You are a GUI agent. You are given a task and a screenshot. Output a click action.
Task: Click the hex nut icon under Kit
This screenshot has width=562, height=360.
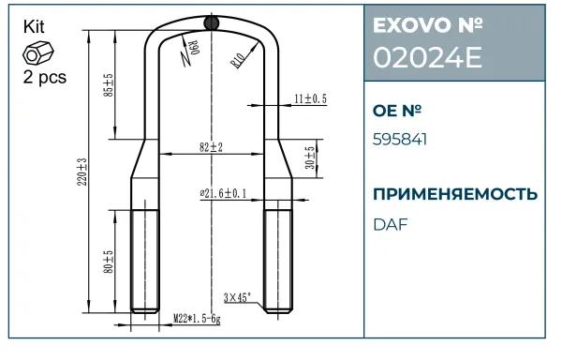[38, 52]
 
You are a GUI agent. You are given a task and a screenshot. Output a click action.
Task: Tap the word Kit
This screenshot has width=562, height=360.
[34, 27]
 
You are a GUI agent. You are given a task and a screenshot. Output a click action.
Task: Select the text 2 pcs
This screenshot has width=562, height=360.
[45, 77]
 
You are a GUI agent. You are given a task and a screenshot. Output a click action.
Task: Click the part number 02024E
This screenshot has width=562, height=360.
[427, 58]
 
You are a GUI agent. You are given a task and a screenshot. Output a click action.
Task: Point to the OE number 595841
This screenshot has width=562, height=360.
[400, 140]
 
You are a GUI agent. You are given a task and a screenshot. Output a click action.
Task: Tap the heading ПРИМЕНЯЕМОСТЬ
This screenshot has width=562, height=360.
[455, 194]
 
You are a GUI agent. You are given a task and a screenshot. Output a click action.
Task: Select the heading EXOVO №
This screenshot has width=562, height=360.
[428, 25]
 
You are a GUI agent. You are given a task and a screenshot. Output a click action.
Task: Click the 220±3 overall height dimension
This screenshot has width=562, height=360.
[82, 172]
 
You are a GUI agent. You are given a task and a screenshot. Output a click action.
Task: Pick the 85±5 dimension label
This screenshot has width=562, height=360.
[109, 85]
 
